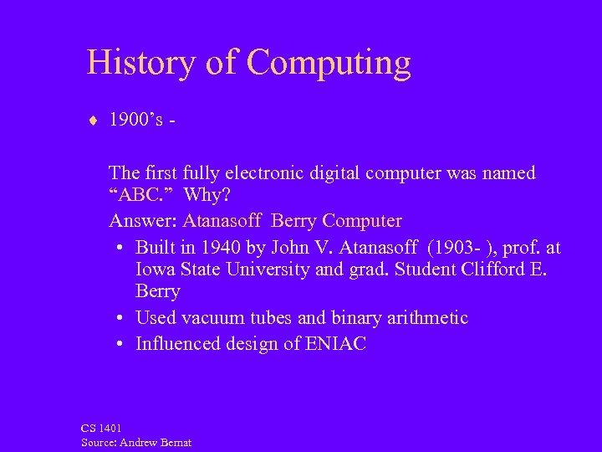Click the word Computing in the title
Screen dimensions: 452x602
pyautogui.click(x=329, y=64)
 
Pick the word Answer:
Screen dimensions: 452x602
pyautogui.click(x=143, y=221)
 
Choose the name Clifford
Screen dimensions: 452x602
pyautogui.click(x=487, y=270)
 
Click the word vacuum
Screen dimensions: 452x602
pyautogui.click(x=213, y=318)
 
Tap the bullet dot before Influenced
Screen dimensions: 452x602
pyautogui.click(x=121, y=343)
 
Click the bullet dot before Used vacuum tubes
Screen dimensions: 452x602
pyautogui.click(x=121, y=318)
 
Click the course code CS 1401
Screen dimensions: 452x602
pyautogui.click(x=101, y=428)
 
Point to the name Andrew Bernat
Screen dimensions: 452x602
pyautogui.click(x=159, y=442)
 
